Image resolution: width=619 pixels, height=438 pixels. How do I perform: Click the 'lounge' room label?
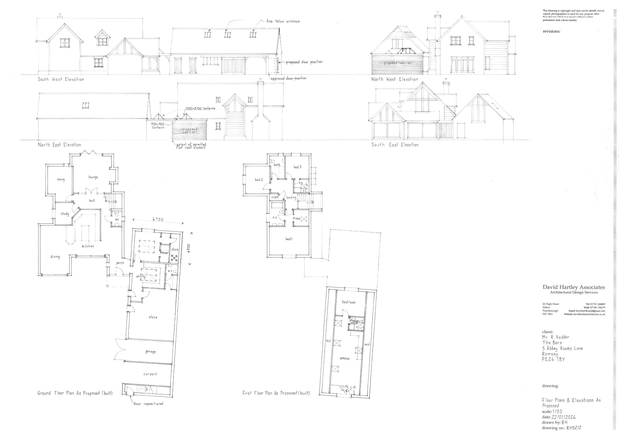coord(93,177)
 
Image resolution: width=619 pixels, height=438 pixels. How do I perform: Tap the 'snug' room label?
coord(61,180)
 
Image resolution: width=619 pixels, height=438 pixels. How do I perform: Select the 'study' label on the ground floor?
coord(65,214)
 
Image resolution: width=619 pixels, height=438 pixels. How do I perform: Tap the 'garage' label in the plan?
coord(150,352)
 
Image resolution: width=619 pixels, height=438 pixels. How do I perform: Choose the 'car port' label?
coord(150,374)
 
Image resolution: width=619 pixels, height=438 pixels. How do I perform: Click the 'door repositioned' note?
coord(148,404)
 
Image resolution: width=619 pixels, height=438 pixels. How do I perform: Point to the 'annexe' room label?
coord(345,358)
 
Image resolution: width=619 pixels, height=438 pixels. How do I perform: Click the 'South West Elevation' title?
coord(61,79)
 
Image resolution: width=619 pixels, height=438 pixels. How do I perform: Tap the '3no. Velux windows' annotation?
coord(283,21)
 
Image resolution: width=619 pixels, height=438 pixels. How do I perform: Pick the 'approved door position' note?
coord(288,78)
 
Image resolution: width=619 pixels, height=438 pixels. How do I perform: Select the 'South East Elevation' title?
coord(395,145)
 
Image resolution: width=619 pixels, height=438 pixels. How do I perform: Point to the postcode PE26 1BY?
coord(553,359)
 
